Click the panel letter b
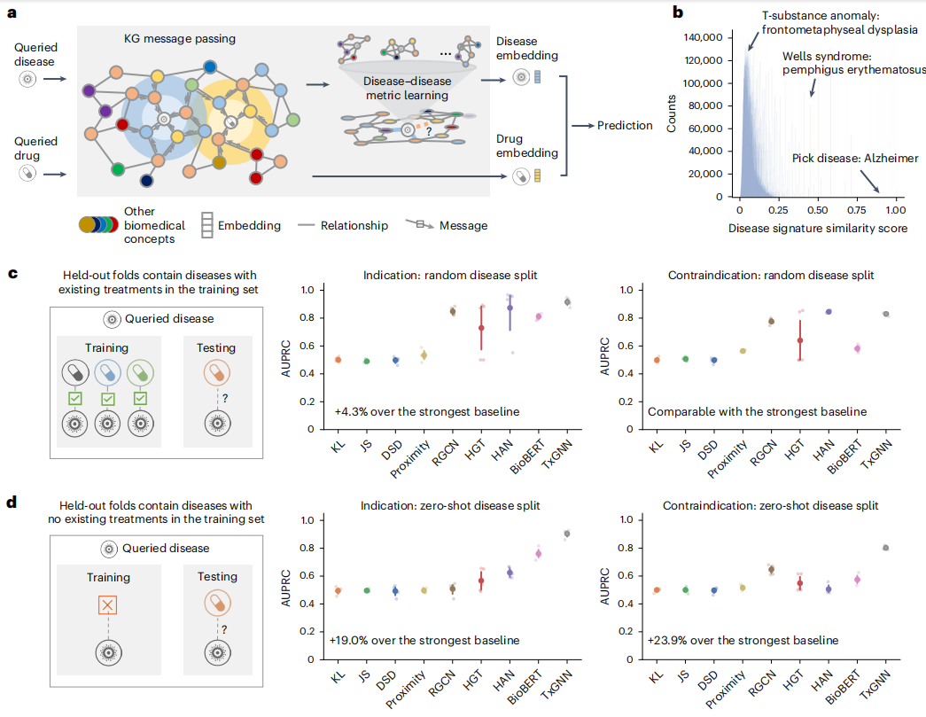tap(678, 12)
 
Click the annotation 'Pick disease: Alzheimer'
tap(854, 159)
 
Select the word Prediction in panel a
tap(624, 125)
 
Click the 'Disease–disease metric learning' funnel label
tap(407, 88)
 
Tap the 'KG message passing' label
tap(180, 38)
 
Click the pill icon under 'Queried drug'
tap(27, 173)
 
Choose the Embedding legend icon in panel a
tap(206, 225)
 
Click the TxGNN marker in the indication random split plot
tap(567, 302)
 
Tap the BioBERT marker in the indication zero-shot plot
tap(538, 553)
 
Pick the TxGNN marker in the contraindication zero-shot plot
tap(885, 548)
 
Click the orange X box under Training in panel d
tap(107, 604)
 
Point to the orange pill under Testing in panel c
tap(217, 372)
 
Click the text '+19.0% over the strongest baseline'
tap(424, 640)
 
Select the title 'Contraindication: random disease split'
tap(771, 276)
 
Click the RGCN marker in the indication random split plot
tap(453, 311)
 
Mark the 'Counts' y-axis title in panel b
tap(671, 113)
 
